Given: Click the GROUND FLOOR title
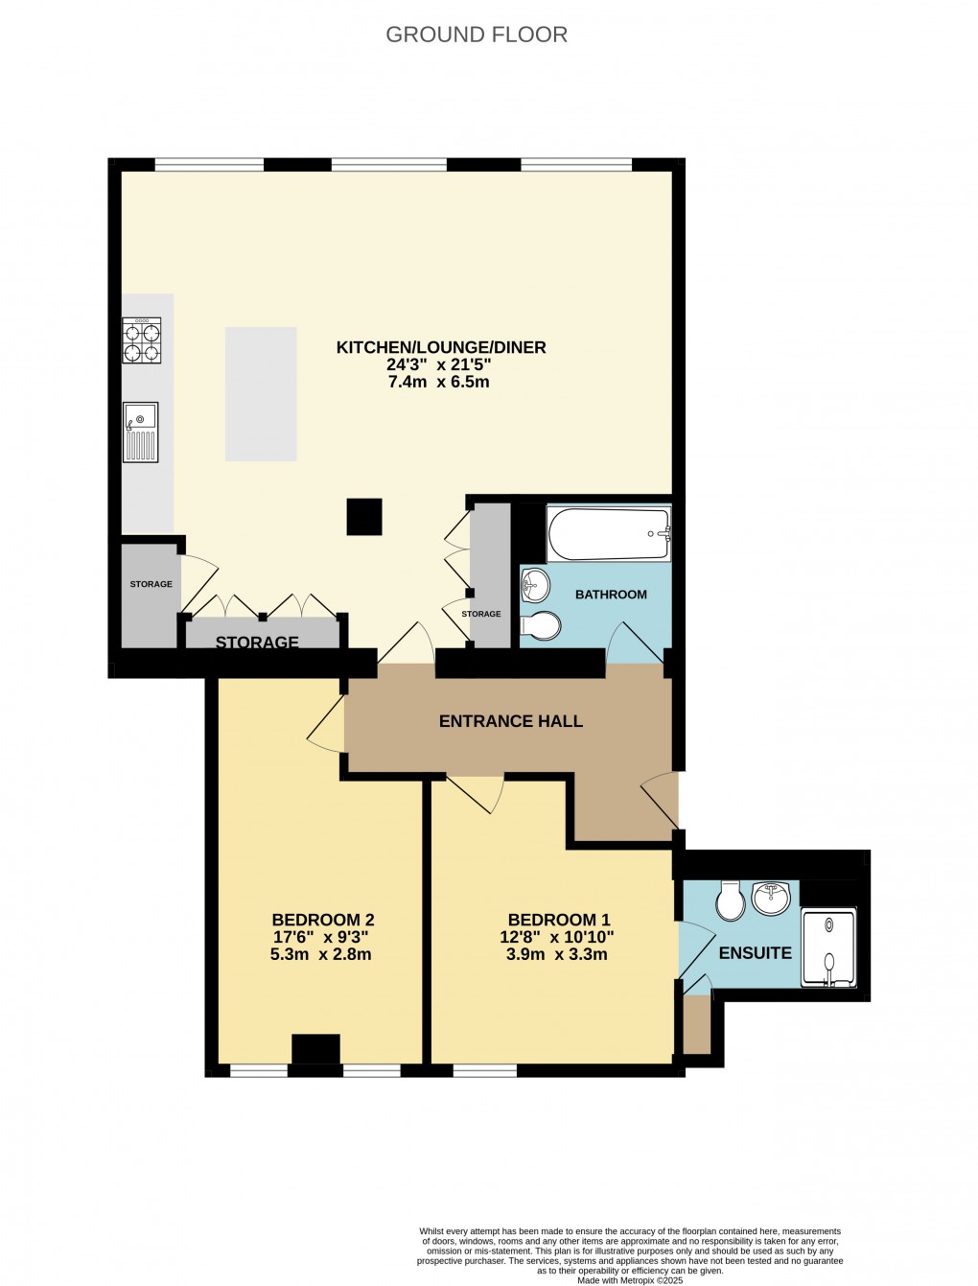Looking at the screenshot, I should tap(477, 35).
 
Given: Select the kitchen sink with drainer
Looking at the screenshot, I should tap(141, 433).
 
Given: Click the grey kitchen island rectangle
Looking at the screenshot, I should tap(261, 393).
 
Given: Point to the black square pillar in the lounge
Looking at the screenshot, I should tap(364, 516).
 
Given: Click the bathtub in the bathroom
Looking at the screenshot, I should tap(608, 533).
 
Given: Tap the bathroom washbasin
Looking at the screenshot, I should tap(535, 583).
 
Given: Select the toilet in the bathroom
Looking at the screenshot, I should tap(540, 625).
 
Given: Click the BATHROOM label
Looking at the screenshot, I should tap(611, 595).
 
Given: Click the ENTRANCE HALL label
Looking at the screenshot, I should tap(510, 721).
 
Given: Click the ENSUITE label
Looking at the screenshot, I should tap(756, 952).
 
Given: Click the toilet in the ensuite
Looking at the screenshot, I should tap(731, 900).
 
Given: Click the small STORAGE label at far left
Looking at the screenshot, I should tap(151, 584).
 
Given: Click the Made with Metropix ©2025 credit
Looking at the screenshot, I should tap(630, 1280).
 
